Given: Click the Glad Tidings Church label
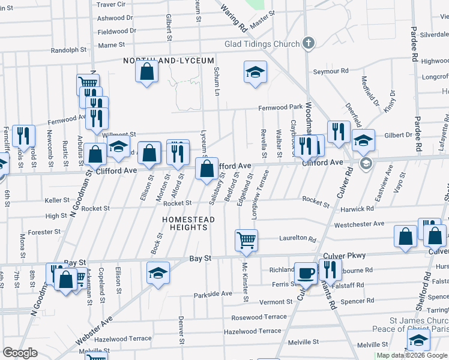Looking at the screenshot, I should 262,44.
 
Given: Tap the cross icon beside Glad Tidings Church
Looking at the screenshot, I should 309,43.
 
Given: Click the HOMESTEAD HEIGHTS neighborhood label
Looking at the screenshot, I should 188,224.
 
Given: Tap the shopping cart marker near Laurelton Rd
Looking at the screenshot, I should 246,241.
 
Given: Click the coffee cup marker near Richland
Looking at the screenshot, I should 306,273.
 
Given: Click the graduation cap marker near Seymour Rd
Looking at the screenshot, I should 255,73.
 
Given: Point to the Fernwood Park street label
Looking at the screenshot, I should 280,107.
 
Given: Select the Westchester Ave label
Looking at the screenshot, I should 359,224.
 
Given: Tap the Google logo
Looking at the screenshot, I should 20,353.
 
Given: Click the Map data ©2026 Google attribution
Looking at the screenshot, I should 412,355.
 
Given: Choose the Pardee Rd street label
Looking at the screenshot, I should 415,45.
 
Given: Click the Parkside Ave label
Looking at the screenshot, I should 212,295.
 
